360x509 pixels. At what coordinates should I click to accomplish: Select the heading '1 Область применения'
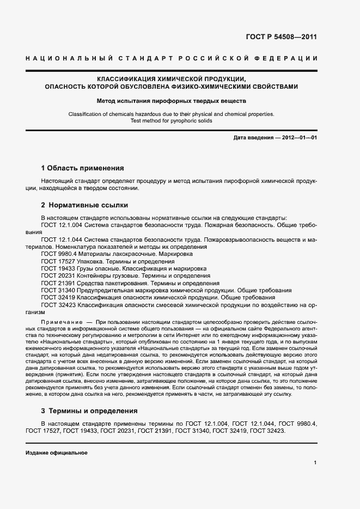pos(83,168)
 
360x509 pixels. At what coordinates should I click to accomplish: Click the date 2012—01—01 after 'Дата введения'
pos(299,138)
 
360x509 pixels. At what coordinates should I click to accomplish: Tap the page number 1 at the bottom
pos(315,462)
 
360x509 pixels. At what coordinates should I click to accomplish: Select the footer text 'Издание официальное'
pos(57,453)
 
